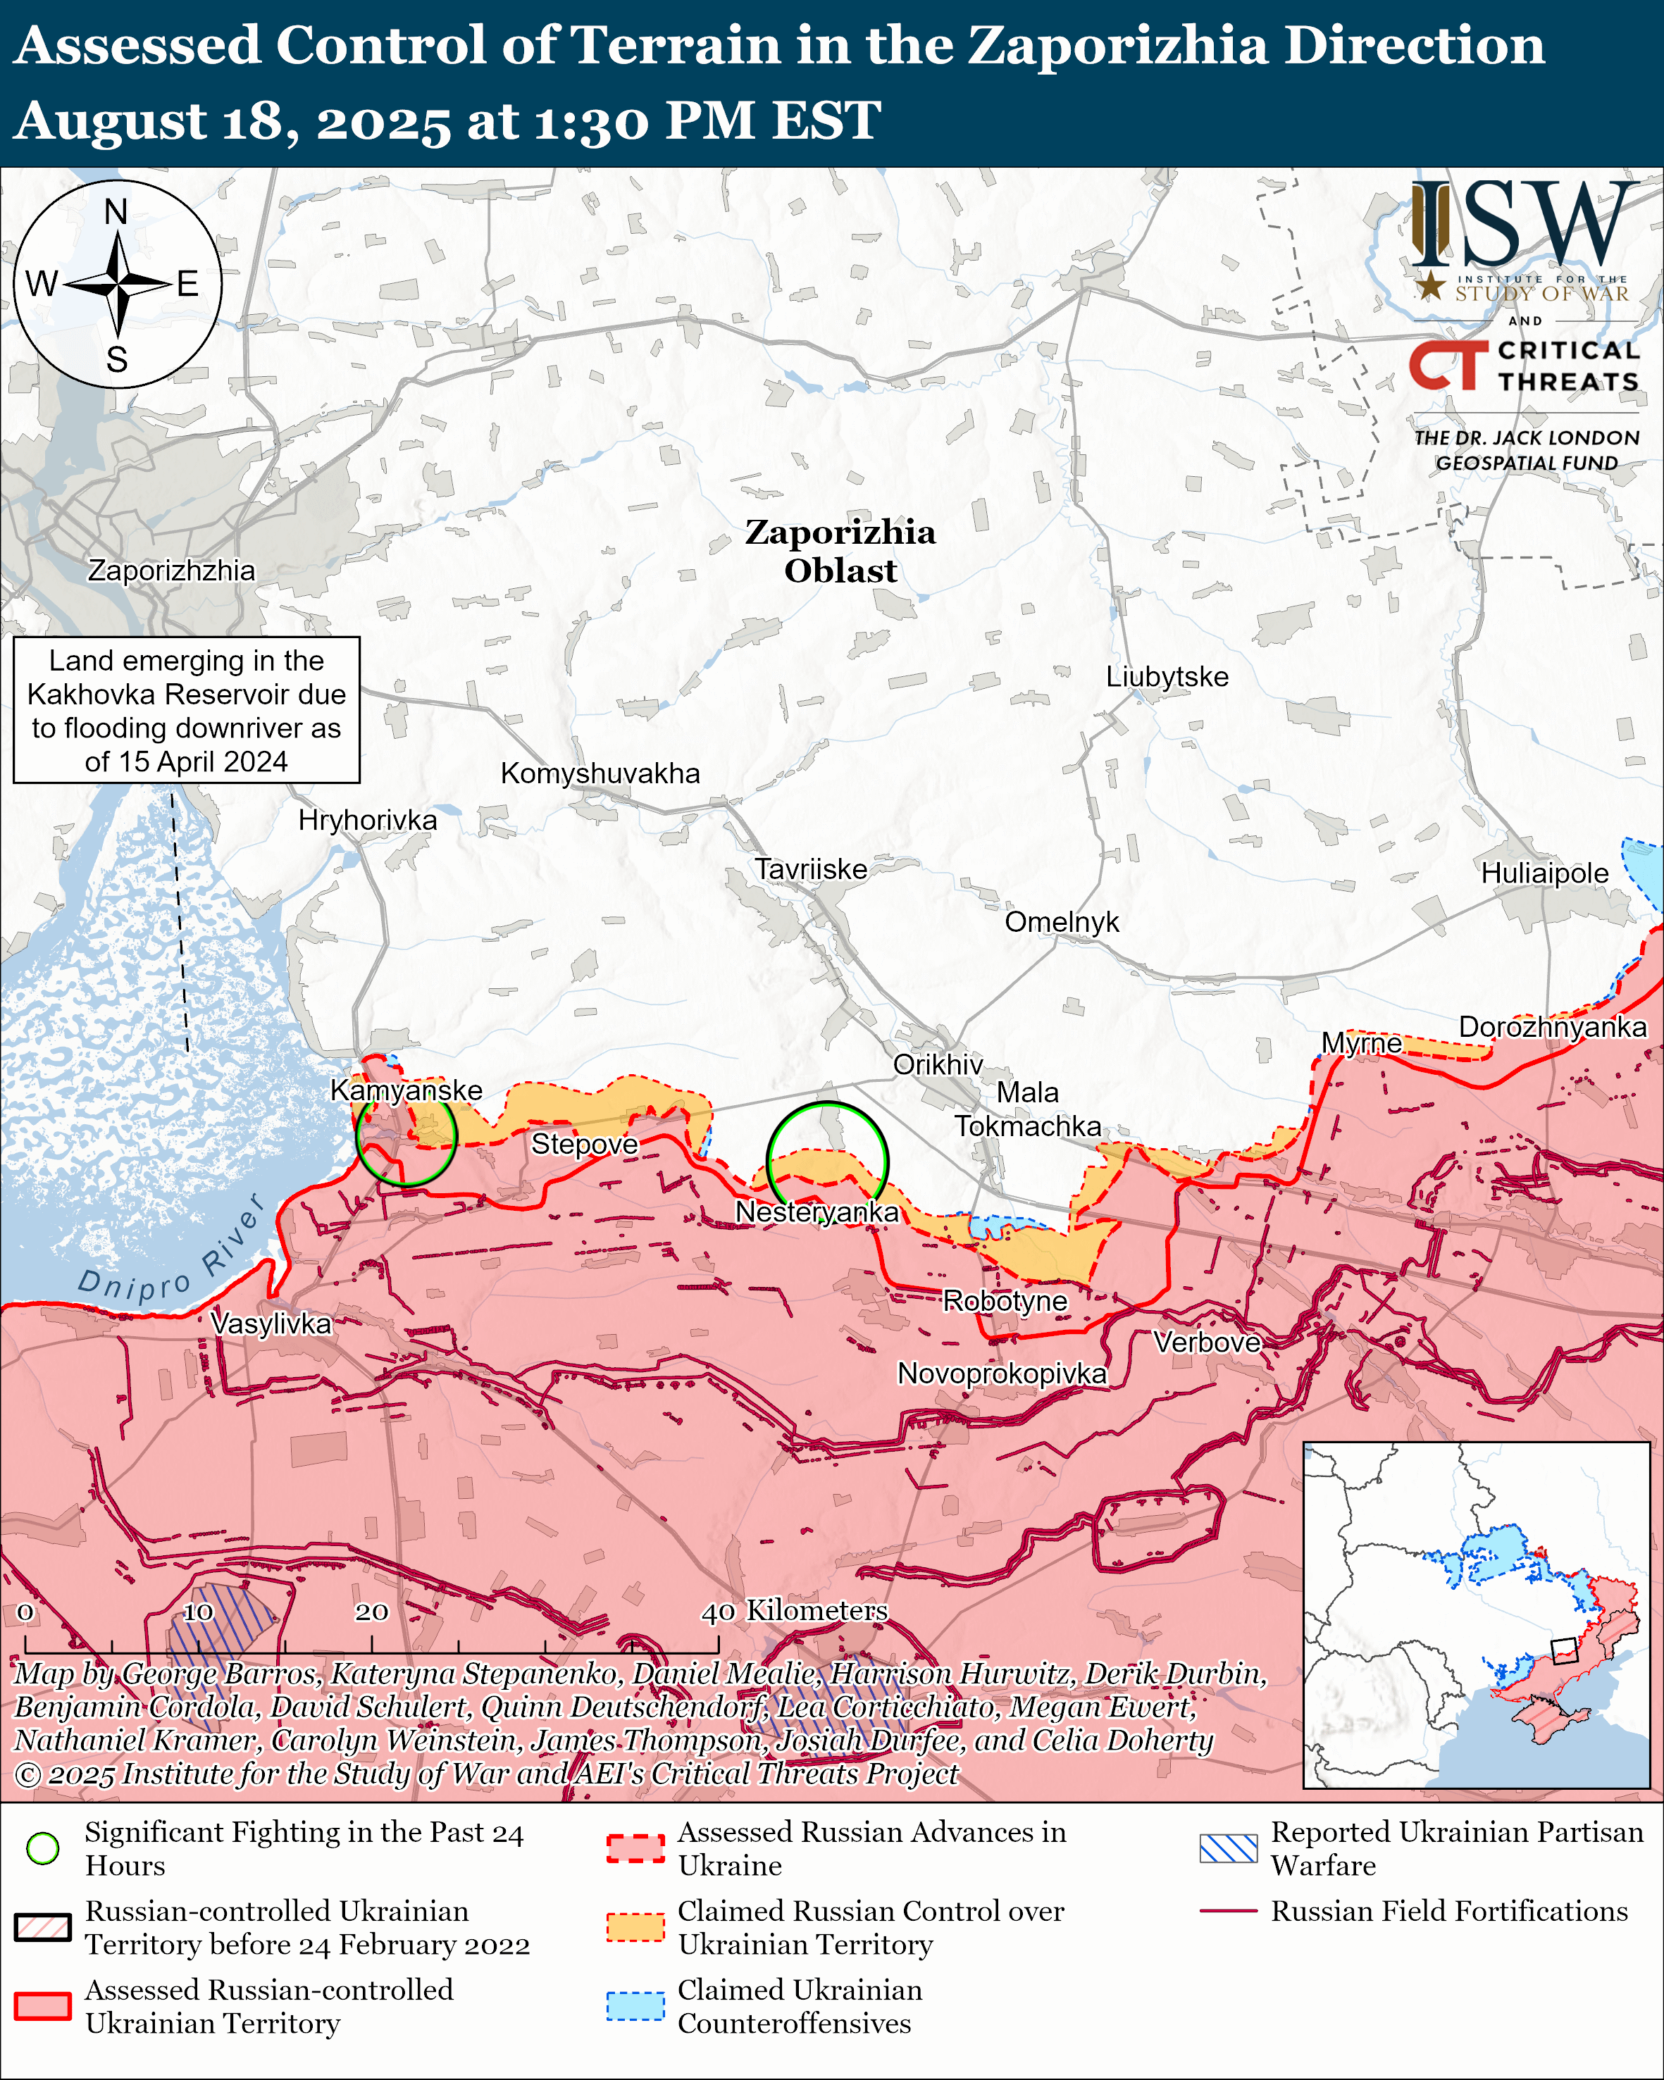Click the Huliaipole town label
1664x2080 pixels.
1544,873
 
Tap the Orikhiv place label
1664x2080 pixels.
938,1064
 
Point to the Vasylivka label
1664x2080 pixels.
271,1323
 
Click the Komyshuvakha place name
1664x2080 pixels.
600,773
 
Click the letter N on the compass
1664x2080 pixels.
116,211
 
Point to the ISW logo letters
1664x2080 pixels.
1524,226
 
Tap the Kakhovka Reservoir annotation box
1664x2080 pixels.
186,710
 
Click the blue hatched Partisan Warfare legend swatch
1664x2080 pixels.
1228,1848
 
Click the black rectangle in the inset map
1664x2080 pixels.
1564,1650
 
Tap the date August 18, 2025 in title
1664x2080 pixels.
232,120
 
